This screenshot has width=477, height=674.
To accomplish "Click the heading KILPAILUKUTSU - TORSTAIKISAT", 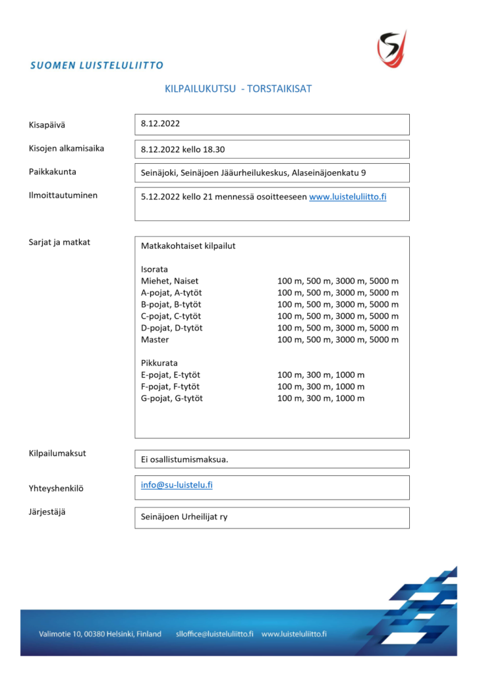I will tap(238, 89).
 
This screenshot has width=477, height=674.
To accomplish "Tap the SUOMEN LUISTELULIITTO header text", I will tap(97, 65).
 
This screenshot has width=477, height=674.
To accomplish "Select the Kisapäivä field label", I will tap(47, 124).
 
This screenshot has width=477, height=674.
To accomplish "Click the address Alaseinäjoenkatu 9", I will tap(327, 172).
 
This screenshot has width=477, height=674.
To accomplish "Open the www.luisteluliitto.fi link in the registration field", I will tap(347, 197).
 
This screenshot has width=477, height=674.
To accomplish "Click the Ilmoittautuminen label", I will tap(63, 195).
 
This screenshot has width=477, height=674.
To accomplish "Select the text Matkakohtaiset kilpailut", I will tap(188, 246).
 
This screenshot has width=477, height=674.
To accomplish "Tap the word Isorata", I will tap(154, 269).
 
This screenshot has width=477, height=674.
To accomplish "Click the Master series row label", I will tap(155, 340).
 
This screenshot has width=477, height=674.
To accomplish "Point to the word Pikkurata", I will tap(159, 363).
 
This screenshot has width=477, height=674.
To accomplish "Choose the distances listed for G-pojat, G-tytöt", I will tap(321, 398).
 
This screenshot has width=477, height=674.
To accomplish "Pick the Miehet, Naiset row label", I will tap(169, 281).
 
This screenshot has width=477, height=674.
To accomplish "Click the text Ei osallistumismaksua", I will tap(184, 459).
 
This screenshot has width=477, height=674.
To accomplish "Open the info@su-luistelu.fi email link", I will tap(177, 485).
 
